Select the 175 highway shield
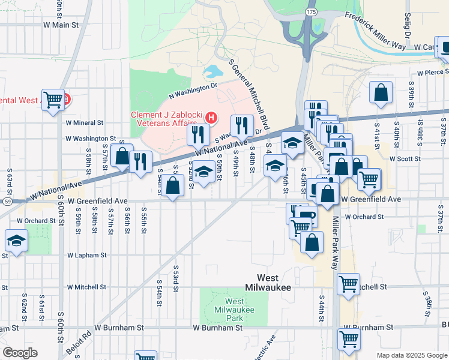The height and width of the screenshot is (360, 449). tap(310, 11)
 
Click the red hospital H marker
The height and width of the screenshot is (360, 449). tap(211, 118)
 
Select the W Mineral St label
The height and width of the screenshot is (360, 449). tap(85, 122)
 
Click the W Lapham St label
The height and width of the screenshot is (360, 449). tap(86, 255)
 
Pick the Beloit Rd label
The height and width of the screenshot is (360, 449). tap(85, 340)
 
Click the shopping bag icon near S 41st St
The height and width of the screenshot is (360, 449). tap(381, 93)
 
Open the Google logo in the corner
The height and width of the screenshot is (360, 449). tap(19, 353)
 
